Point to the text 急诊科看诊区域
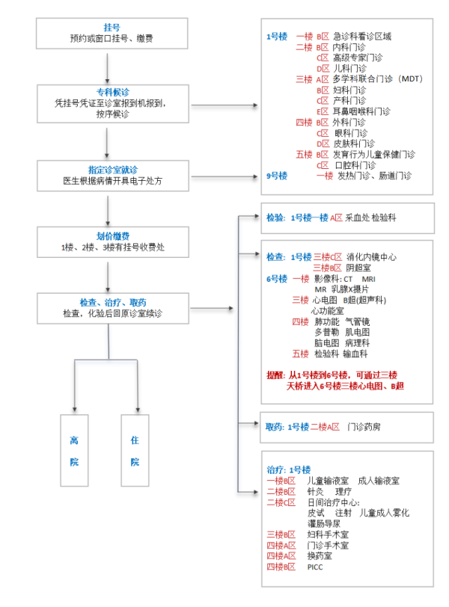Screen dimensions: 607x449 [x=362, y=35]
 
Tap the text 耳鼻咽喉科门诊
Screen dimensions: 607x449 [x=361, y=111]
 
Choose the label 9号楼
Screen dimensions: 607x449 [x=277, y=176]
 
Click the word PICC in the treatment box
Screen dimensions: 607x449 [x=314, y=567]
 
